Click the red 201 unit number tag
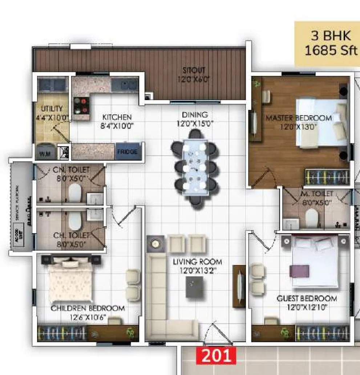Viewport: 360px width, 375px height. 216,355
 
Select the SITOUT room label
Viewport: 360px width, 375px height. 194,70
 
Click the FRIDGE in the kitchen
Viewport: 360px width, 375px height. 127,151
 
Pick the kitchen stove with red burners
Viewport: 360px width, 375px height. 81,105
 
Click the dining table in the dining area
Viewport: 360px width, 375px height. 195,167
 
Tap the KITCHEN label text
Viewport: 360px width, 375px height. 117,117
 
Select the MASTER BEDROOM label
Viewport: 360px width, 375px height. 298,118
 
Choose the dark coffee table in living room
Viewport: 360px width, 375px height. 194,287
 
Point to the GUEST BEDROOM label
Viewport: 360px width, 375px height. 307,298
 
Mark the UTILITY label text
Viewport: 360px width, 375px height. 52,109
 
